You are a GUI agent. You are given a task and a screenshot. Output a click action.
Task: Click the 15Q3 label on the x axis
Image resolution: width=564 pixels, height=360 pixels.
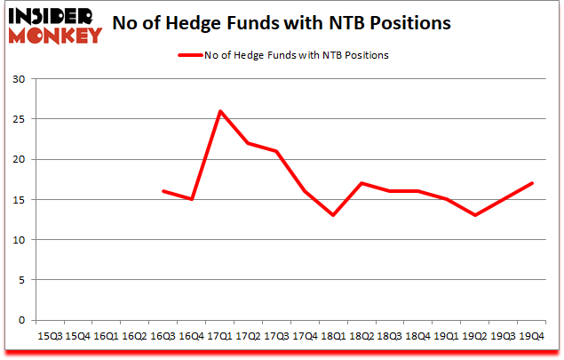[50, 336]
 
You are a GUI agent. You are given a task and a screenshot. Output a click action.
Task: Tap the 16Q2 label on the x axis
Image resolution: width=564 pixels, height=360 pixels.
[135, 336]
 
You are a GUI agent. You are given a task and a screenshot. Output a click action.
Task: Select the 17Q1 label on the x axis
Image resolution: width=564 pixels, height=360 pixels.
[220, 336]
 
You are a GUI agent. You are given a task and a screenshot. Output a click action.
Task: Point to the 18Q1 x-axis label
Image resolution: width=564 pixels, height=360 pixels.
[334, 336]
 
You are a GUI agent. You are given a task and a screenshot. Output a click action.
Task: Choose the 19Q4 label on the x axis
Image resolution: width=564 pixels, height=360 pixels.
[532, 336]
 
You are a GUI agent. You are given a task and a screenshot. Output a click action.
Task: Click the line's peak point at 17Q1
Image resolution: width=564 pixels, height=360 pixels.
[220, 111]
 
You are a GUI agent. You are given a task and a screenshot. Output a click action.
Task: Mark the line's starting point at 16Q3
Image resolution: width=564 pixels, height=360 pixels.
[163, 191]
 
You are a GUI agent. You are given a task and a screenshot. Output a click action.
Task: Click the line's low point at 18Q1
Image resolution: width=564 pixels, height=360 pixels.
[334, 215]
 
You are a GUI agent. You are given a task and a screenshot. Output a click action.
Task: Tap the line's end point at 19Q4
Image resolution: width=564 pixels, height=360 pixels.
[532, 183]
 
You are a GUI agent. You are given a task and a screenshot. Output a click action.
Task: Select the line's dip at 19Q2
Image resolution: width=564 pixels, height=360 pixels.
[475, 215]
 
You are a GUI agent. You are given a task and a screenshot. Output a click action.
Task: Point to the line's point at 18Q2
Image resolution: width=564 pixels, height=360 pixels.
[362, 183]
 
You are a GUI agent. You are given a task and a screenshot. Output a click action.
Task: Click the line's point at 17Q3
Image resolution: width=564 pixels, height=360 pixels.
[277, 151]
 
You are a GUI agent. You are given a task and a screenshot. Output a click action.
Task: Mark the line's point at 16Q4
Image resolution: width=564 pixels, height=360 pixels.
[192, 199]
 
